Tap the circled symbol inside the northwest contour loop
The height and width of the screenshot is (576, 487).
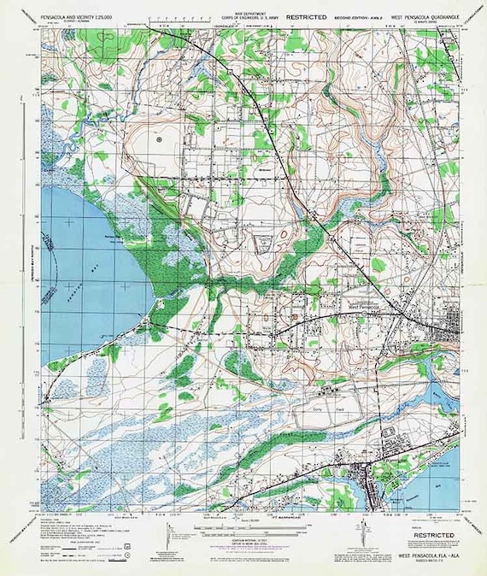click(x=159, y=137)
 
